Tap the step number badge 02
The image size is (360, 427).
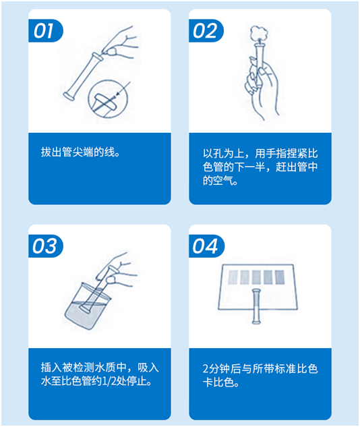tap(206, 30)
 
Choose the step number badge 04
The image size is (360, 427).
tap(206, 246)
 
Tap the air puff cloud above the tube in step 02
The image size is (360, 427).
tap(259, 34)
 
